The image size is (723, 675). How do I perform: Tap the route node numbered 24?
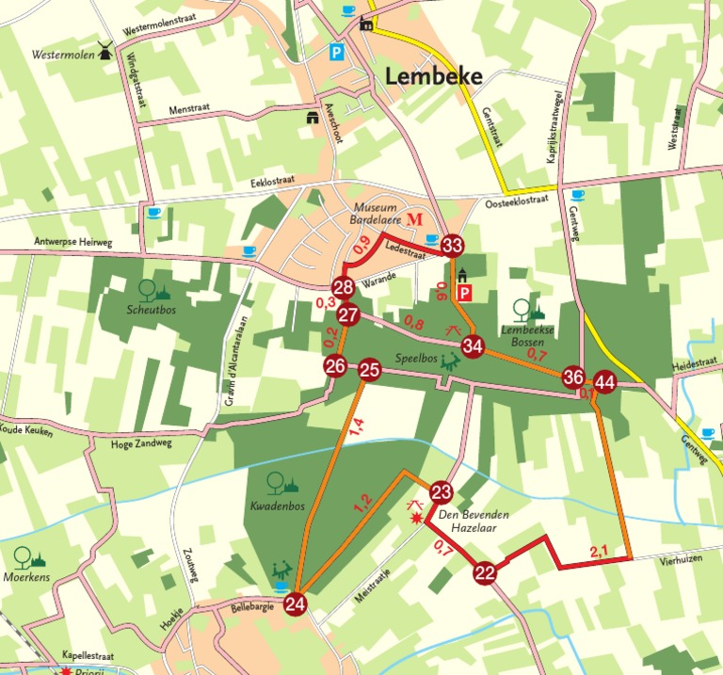point(296,603)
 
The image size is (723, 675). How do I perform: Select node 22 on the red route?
point(485,571)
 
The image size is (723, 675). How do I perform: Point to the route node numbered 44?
point(604,382)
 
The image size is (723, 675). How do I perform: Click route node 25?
point(369,370)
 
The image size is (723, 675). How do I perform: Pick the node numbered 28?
point(343,288)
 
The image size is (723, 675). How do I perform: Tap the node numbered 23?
point(442,492)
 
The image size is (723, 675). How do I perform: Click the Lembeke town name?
point(434,77)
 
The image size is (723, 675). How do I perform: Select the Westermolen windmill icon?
point(104,50)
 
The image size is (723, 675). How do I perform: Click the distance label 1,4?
point(356,427)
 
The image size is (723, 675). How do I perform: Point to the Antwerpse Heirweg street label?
point(72,242)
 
